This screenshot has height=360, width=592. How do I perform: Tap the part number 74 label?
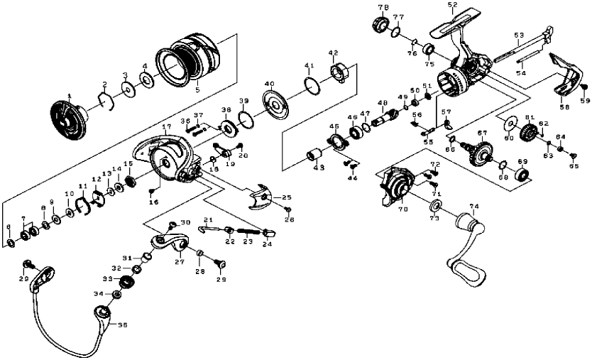[x=474, y=206]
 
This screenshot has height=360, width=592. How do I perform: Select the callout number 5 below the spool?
[x=197, y=89]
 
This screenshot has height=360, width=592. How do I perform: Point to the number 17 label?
[x=167, y=127]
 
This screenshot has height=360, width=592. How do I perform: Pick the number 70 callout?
[x=403, y=210]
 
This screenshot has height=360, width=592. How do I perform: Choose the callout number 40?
[x=269, y=84]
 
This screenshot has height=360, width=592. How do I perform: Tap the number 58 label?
[x=564, y=107]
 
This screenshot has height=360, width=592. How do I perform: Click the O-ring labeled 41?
[x=310, y=86]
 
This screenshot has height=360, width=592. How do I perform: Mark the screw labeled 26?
[x=287, y=209]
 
